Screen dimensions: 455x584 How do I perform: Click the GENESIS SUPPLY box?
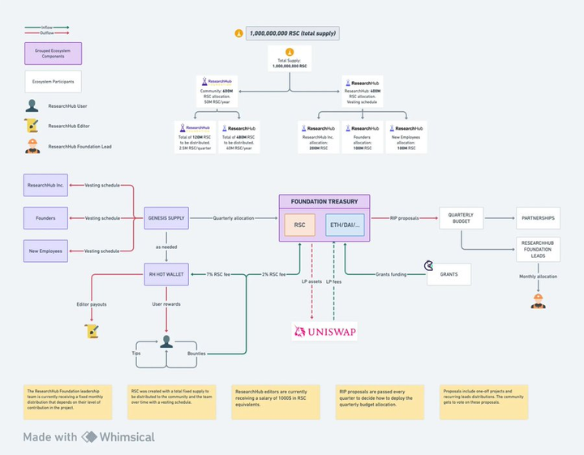coord(165,218)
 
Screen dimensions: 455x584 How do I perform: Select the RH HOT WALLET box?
coord(165,274)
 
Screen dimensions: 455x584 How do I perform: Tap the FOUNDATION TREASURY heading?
coord(324,201)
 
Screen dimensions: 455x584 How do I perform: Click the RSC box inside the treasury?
coord(300,225)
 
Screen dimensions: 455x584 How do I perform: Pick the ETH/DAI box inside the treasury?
coord(345,225)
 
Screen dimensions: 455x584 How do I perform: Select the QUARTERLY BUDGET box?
coord(461,218)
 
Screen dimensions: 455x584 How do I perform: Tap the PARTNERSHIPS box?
coord(538,218)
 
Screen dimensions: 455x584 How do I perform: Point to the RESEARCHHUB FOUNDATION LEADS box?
coord(538,248)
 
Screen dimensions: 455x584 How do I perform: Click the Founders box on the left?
coord(45,218)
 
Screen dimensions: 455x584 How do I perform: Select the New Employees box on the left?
coord(45,251)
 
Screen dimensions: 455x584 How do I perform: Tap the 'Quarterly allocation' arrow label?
coord(233,218)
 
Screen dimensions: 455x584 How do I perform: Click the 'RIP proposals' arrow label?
coord(405,218)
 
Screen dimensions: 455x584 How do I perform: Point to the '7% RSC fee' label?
coord(221,274)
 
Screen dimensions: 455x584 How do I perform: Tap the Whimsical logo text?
coord(127,437)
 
